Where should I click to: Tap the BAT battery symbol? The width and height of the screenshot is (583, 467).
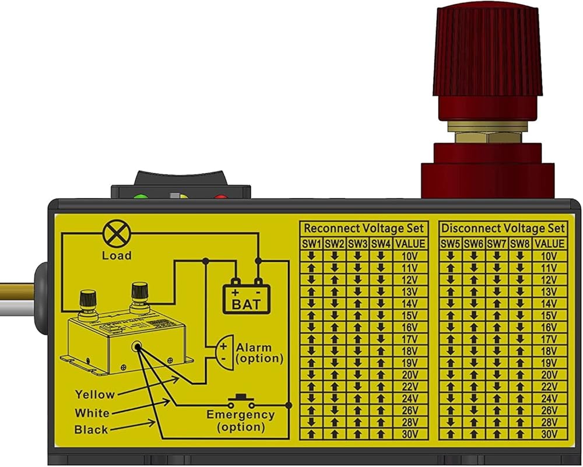247,297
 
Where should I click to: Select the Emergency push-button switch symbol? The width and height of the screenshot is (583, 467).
241,402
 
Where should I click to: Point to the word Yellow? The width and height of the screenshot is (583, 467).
95,395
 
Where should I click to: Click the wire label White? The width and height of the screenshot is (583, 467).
92,413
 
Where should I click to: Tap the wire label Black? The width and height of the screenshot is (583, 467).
92,430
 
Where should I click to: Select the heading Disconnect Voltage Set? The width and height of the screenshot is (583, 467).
503,228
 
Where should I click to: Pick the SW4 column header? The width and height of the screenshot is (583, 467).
381,244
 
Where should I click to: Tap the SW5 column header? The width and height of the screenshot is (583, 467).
451,244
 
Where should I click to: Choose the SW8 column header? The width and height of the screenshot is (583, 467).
520,244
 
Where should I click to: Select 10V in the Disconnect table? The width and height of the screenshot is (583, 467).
549,256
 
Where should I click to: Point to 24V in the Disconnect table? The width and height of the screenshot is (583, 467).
549,399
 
